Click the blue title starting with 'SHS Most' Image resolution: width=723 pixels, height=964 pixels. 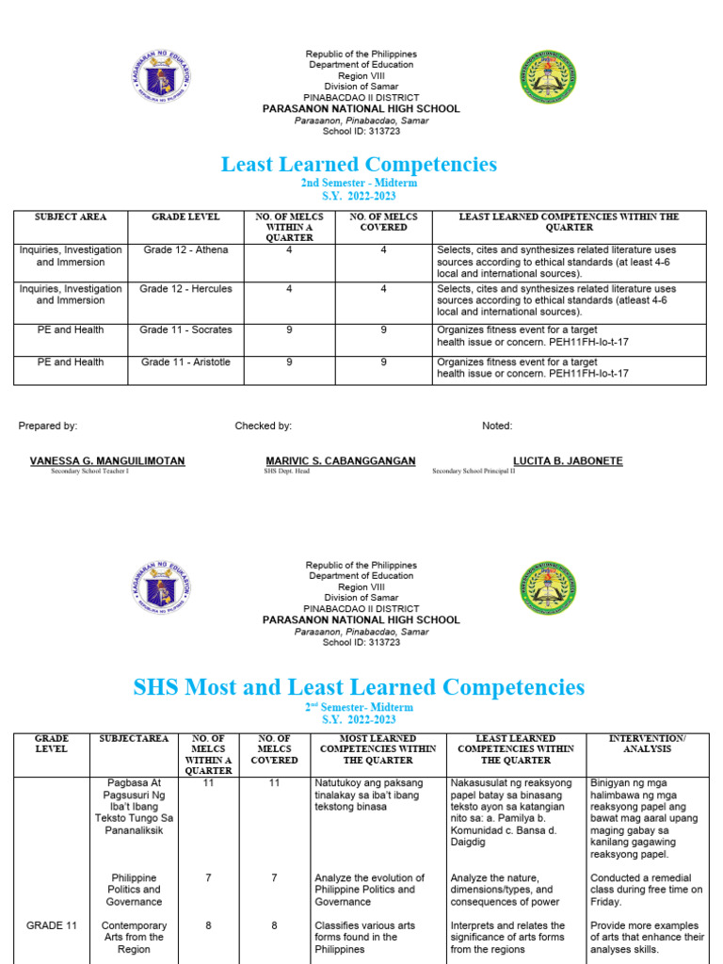point(359,687)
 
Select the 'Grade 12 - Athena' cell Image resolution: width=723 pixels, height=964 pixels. point(185,249)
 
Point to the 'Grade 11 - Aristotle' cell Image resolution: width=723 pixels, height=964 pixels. point(185,362)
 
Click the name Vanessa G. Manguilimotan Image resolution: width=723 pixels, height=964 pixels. point(107,461)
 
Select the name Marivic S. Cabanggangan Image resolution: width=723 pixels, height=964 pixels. point(341,461)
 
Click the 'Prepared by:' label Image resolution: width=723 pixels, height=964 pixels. point(48,426)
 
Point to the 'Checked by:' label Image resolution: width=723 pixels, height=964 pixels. point(264,426)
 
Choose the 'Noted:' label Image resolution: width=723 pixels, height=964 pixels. point(497,426)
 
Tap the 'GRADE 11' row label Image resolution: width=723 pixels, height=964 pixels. point(52,925)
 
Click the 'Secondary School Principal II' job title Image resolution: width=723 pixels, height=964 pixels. point(474,471)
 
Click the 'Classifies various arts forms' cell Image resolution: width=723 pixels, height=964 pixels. point(370,937)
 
